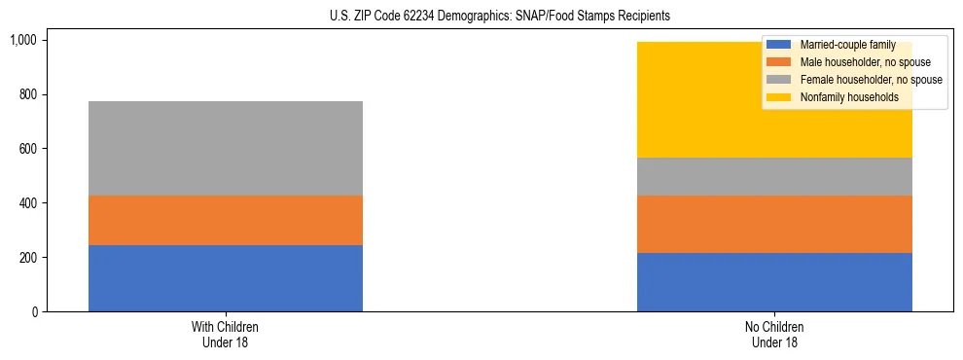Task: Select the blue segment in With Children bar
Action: point(226,278)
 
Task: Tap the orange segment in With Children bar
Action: point(226,221)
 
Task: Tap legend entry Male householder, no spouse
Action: point(851,62)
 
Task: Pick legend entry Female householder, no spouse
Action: point(856,80)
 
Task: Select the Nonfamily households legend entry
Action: point(842,97)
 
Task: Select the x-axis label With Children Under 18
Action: point(226,335)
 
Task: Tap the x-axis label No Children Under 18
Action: point(774,335)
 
